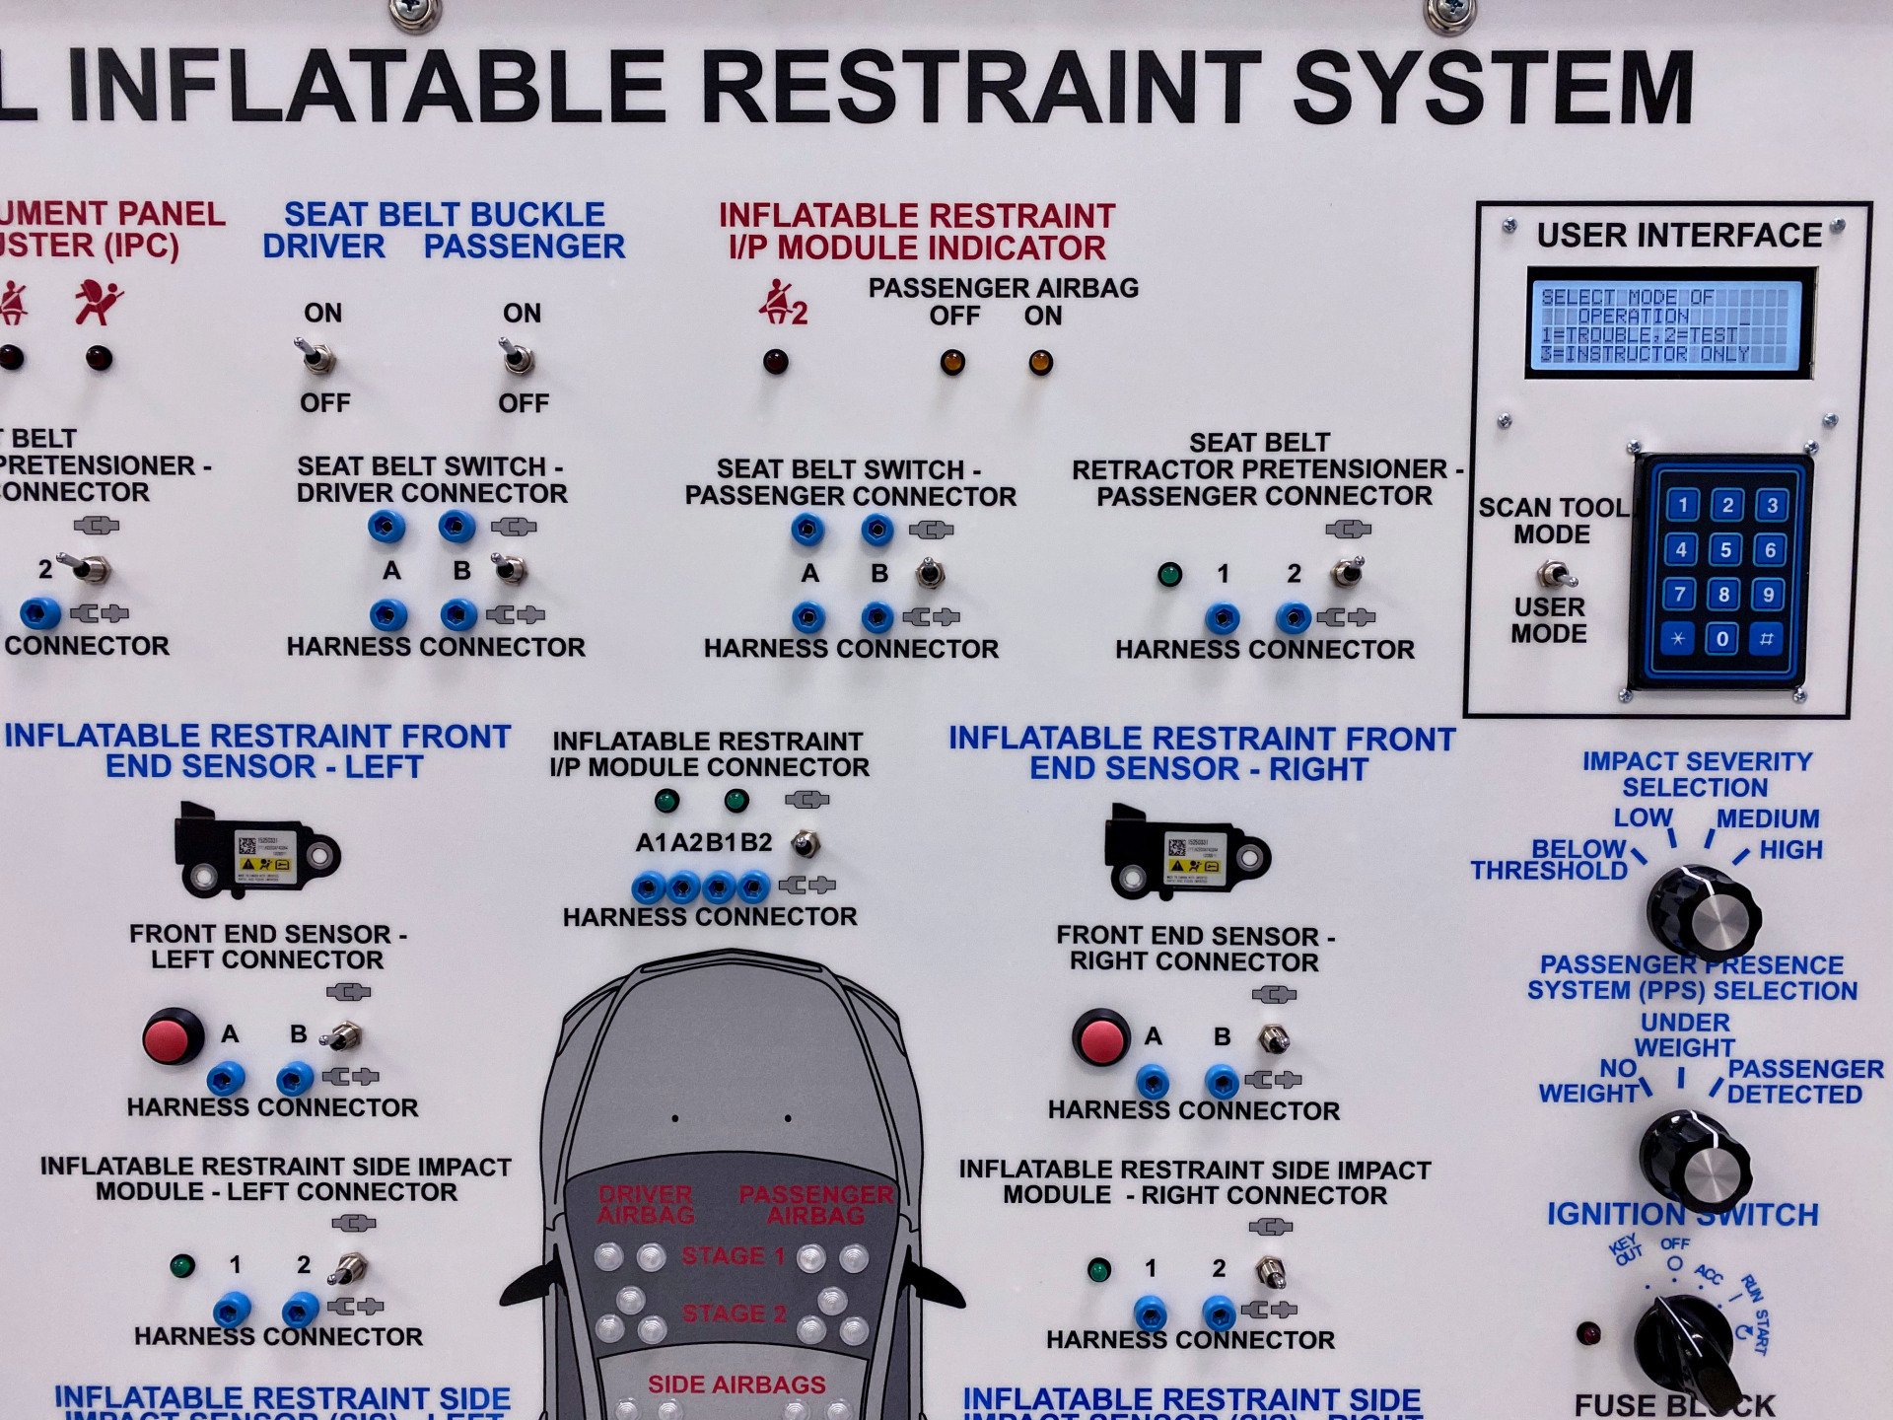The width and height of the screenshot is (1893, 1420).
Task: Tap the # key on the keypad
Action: click(1766, 639)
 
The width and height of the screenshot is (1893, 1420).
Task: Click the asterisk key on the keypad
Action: click(1678, 638)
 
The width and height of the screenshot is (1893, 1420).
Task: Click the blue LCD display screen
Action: click(1669, 323)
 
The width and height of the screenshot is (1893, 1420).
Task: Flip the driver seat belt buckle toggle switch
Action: click(316, 356)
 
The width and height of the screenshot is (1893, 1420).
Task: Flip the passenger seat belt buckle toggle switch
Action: click(516, 357)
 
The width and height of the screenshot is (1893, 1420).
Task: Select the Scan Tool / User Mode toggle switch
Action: click(1554, 573)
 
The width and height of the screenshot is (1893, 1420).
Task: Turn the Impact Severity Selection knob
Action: click(1703, 912)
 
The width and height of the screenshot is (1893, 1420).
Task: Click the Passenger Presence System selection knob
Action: click(1695, 1162)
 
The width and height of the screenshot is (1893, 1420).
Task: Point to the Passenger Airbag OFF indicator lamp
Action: click(951, 362)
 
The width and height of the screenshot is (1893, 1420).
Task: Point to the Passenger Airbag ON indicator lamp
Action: click(1040, 362)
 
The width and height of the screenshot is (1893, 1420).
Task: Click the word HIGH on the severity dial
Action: click(1790, 849)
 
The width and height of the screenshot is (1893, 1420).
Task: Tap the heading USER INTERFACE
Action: click(1678, 235)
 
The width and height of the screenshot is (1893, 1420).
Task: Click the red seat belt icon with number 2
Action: click(783, 303)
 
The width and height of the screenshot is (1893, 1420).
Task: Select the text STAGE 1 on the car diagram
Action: click(733, 1255)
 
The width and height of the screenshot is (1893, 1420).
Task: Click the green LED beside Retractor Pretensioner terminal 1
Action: click(1169, 574)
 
